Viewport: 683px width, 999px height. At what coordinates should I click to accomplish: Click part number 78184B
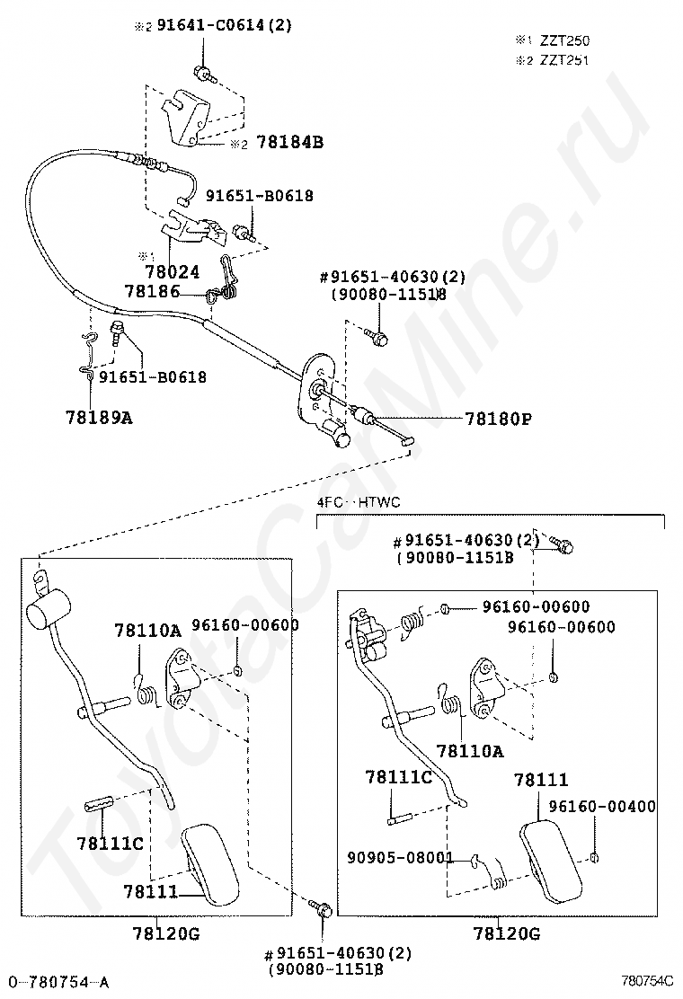tap(289, 142)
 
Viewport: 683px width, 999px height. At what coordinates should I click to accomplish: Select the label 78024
tap(172, 270)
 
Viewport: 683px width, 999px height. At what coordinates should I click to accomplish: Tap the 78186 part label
tap(151, 292)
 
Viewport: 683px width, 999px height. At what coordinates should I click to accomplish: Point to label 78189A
tap(99, 416)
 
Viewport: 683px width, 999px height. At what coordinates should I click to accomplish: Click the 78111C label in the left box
tap(111, 843)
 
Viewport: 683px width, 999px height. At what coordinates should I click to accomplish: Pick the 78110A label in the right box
tap(469, 750)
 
